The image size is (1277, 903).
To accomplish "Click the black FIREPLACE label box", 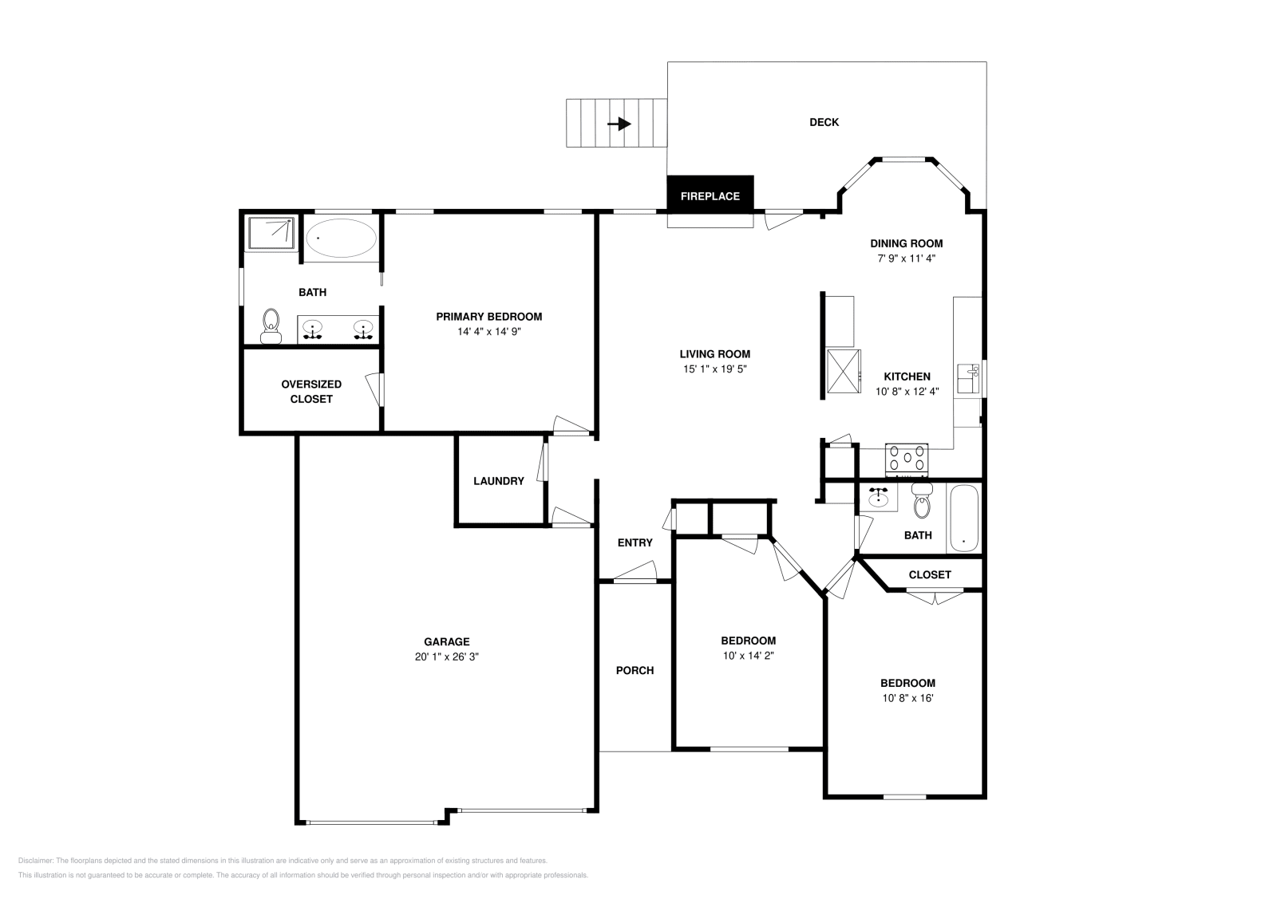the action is (x=710, y=194).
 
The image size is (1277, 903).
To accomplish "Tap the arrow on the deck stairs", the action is (x=619, y=124).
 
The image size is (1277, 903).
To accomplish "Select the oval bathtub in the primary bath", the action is (x=341, y=239).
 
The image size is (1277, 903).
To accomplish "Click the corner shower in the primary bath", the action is (x=271, y=232).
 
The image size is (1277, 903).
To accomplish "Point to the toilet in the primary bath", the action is (x=271, y=326).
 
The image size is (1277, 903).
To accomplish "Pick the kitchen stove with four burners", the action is (x=907, y=459).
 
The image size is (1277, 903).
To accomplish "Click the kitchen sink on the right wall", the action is (x=968, y=379).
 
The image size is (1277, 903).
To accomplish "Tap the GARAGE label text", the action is (x=446, y=641).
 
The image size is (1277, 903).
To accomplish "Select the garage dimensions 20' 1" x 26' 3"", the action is (x=446, y=657).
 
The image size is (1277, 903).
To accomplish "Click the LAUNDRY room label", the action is (x=499, y=481).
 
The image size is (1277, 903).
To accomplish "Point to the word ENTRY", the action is (x=635, y=543).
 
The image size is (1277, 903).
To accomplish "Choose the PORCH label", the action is (x=635, y=671).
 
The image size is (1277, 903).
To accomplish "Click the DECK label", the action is (x=824, y=122).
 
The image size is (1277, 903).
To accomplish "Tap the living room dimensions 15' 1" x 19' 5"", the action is (x=715, y=369).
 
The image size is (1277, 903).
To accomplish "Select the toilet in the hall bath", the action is (x=922, y=500).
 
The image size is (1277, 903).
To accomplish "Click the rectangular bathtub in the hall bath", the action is (x=963, y=519).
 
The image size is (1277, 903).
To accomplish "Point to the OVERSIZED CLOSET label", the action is (x=311, y=392).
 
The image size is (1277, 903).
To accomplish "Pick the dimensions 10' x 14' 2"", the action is (x=749, y=656).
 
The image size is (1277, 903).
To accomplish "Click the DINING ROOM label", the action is (x=907, y=243).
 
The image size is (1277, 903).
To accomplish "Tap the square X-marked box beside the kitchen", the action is (x=844, y=372).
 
